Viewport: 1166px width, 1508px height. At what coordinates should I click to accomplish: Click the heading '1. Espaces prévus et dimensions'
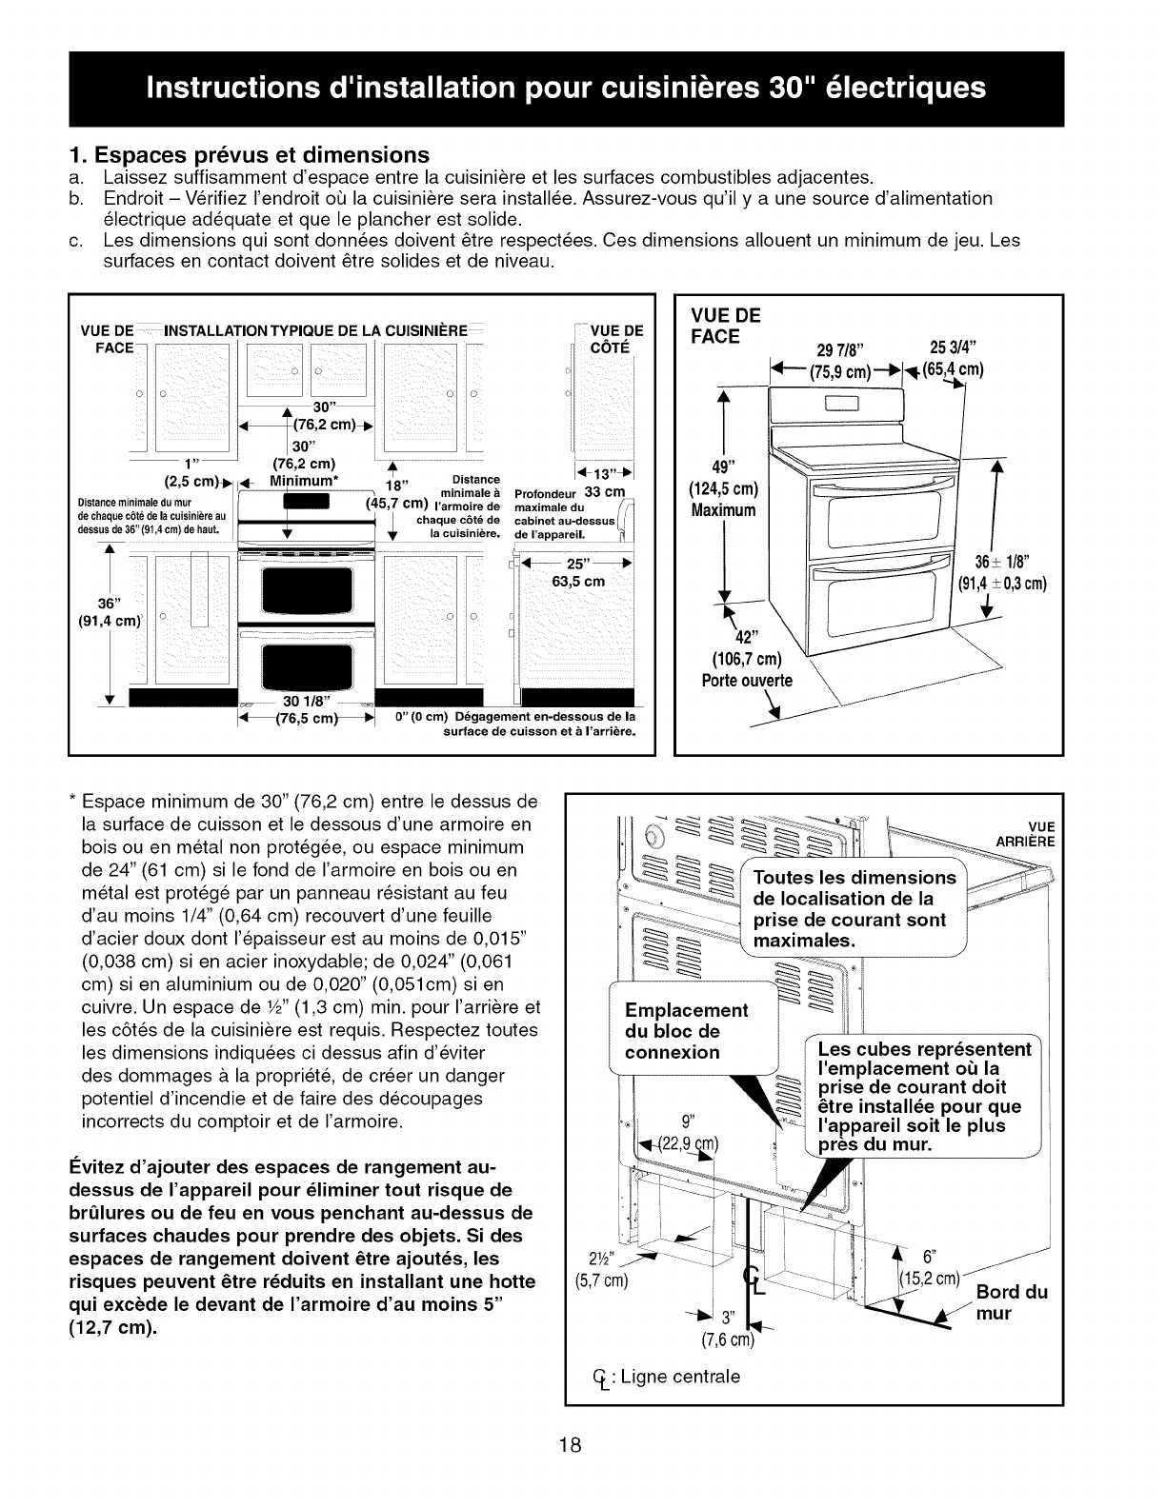click(x=251, y=154)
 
